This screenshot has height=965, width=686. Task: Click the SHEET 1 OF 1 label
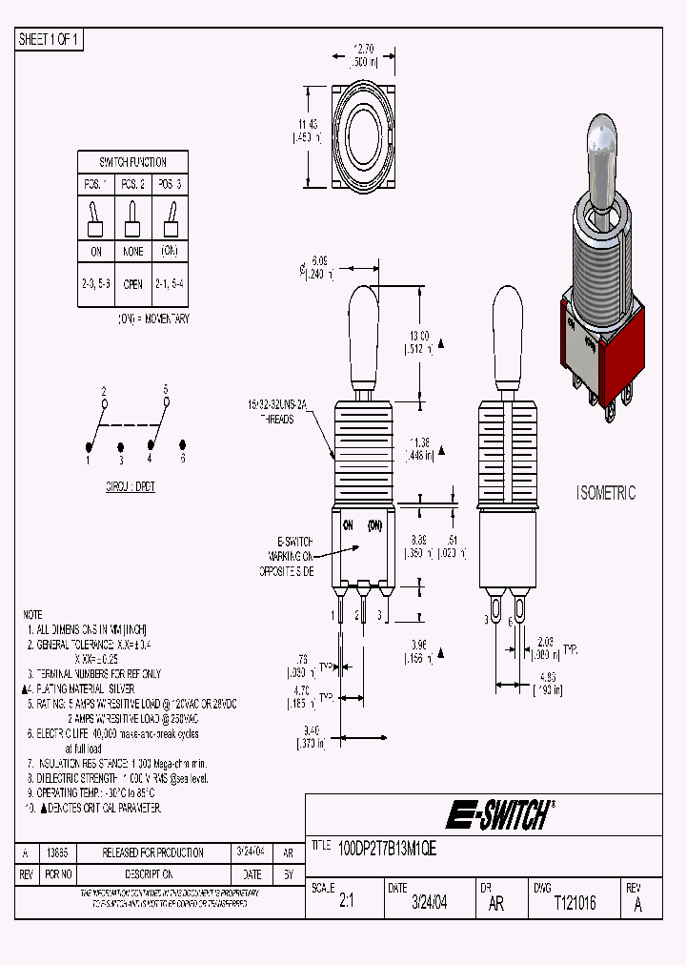[x=50, y=39]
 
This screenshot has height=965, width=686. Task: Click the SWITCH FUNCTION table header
[x=132, y=162]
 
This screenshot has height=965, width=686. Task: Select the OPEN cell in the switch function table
[x=132, y=283]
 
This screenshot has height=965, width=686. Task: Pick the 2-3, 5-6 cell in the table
[x=95, y=283]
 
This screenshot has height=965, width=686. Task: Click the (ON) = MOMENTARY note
[x=152, y=318]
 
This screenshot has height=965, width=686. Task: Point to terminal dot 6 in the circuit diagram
[x=181, y=445]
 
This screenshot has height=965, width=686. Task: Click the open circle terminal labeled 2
[x=104, y=401]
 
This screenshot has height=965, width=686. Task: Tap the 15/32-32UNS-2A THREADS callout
[x=276, y=410]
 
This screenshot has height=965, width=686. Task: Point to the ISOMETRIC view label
[x=605, y=493]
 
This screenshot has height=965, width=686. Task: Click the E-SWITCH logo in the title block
[x=497, y=815]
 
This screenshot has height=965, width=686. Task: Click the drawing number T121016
[x=575, y=903]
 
